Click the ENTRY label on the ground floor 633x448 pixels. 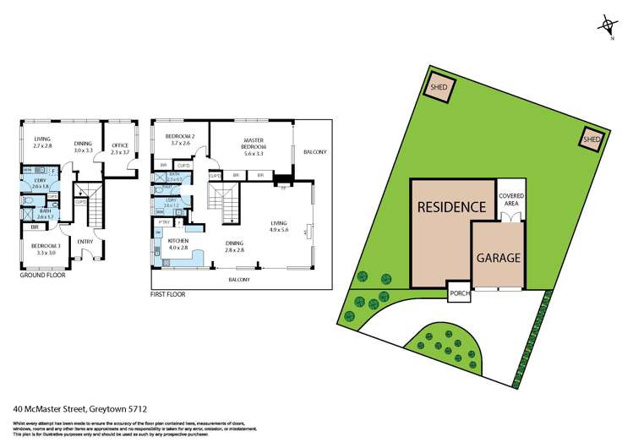[85, 242]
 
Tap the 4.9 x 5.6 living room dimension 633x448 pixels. [279, 229]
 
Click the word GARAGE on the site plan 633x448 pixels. [497, 258]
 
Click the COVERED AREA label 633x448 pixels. [510, 199]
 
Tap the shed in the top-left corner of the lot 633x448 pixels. [439, 88]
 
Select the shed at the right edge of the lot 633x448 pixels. [592, 139]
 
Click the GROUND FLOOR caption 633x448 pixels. [41, 275]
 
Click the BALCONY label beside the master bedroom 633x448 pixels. [314, 152]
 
